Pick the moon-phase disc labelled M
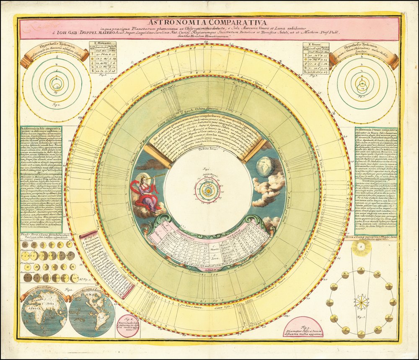click(x=377, y=275)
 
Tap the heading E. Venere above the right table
click(x=311, y=43)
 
